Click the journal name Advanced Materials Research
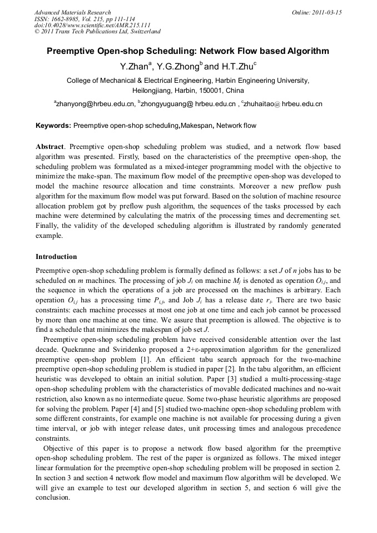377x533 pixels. [x=72, y=12]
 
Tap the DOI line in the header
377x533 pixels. [x=92, y=26]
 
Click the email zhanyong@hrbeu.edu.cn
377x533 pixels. [x=95, y=103]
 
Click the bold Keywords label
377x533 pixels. [x=53, y=126]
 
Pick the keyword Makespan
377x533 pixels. [x=197, y=126]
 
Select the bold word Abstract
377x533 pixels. [x=50, y=146]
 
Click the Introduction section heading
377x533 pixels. [x=56, y=257]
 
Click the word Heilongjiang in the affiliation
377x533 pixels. [x=153, y=90]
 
